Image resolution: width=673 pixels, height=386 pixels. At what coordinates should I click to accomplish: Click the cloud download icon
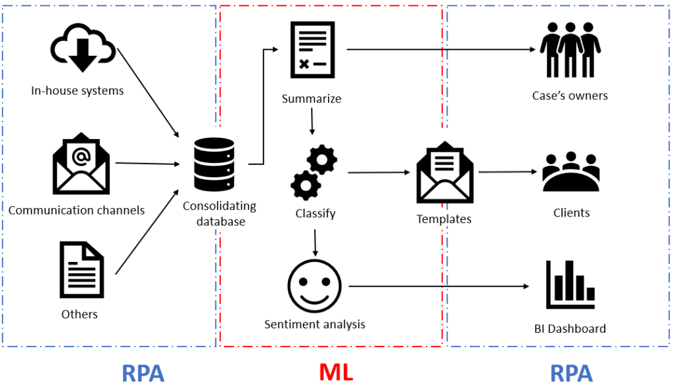pos(83,51)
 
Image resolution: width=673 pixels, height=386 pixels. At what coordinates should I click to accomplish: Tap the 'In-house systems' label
pos(78,91)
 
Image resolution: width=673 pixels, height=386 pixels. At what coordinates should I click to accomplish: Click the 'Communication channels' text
pos(77,211)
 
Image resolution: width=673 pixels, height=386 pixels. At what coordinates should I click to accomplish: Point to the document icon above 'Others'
pos(81,269)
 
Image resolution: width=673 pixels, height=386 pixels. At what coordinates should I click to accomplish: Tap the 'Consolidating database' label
pos(219,213)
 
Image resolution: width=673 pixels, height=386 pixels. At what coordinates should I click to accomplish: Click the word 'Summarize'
pos(312,99)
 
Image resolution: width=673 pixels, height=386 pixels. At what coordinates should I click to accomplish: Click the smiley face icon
pos(314,287)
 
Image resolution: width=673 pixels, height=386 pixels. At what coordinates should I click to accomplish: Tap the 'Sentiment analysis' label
pos(314,324)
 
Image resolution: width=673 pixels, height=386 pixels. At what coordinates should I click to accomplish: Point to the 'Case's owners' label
pos(570,96)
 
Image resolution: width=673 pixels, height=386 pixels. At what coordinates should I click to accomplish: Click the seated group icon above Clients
pos(570,171)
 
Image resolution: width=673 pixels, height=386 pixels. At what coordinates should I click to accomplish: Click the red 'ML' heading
pos(336,372)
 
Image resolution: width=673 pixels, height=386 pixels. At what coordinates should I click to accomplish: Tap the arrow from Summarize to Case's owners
pos(440,49)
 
